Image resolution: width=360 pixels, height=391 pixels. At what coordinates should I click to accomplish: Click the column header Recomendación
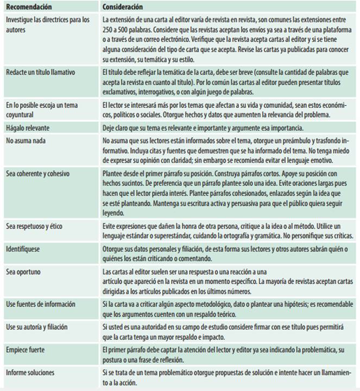[x=29, y=7]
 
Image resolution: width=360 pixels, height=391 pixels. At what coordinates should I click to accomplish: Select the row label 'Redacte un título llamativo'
[x=40, y=72]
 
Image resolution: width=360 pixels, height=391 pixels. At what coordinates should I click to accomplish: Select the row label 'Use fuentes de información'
[x=41, y=304]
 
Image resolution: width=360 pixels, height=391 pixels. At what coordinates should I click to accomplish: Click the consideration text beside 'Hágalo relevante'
[x=214, y=128]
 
